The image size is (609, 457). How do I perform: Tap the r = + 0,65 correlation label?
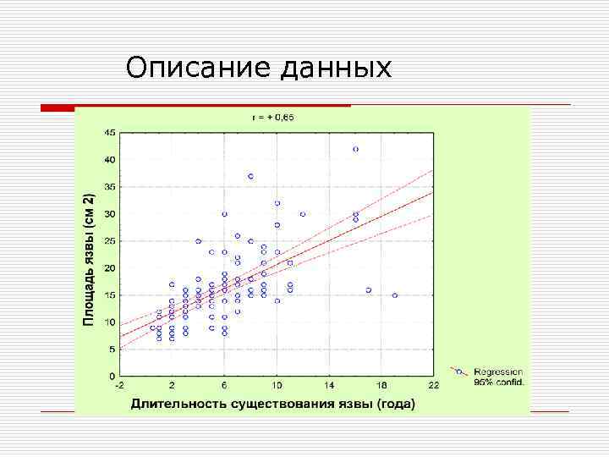point(276,118)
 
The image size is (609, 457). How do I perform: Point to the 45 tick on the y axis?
point(110,133)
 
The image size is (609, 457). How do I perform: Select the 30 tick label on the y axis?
point(110,214)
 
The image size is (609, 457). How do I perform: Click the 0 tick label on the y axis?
point(112,376)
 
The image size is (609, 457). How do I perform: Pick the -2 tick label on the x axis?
point(120,386)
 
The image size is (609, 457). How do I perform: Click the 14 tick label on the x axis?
point(329,386)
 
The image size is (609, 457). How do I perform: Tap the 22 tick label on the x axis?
point(434,386)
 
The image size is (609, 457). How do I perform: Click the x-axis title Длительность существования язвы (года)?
point(272,404)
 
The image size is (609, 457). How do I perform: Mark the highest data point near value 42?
point(355,149)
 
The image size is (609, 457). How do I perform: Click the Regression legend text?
point(498,372)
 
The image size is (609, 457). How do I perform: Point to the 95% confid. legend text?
point(498,382)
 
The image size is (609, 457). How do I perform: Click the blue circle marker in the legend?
point(458,372)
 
